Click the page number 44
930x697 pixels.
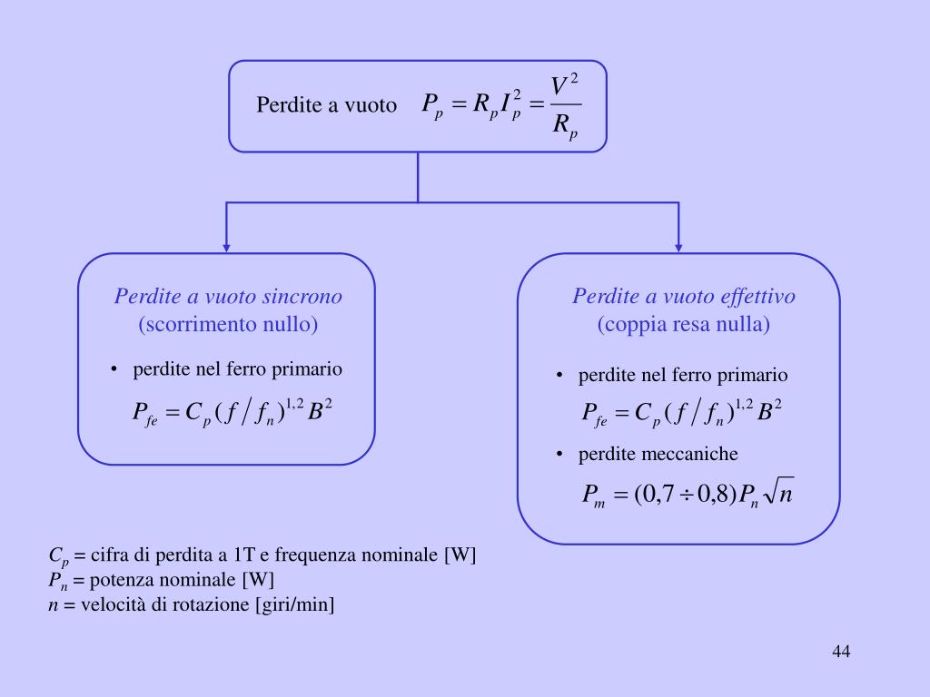point(840,652)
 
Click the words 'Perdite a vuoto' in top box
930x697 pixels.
point(327,105)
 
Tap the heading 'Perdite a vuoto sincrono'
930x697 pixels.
point(228,297)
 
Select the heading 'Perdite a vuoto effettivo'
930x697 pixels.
point(684,297)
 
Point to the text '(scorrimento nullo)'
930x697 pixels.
point(228,324)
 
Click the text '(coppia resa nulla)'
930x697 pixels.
point(684,324)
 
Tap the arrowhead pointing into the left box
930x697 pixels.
point(227,246)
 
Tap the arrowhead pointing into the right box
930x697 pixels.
point(678,246)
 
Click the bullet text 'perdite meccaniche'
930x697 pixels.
point(658,453)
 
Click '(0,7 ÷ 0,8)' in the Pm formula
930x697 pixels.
point(685,495)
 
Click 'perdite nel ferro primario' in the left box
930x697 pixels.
point(238,369)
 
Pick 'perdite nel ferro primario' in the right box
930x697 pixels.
point(683,375)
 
